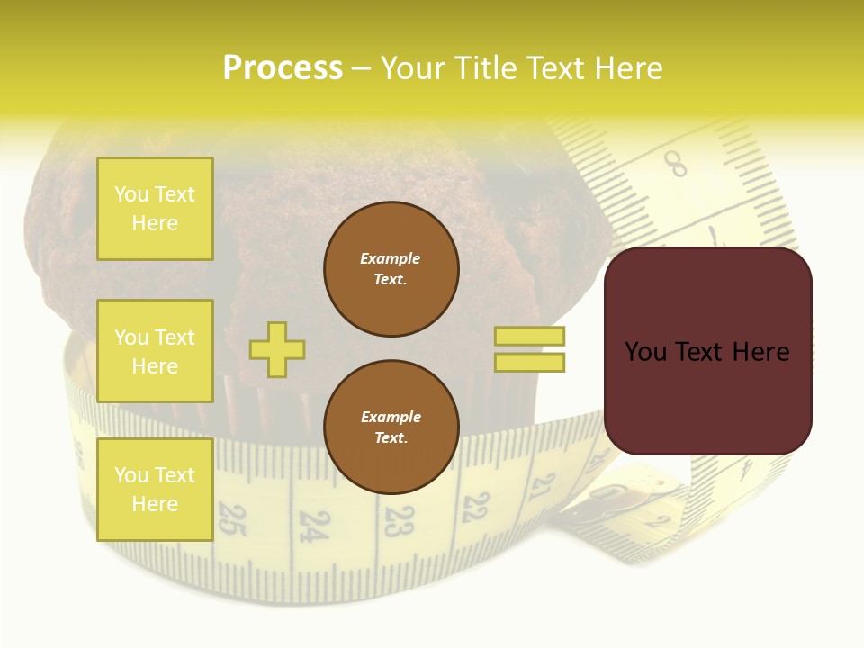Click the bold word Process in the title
click(x=283, y=67)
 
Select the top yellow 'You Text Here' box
click(x=155, y=209)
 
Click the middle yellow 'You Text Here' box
click(x=155, y=351)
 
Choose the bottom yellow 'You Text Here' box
click(x=155, y=490)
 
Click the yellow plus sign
click(x=277, y=349)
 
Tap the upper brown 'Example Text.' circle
click(x=391, y=269)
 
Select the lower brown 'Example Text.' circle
click(x=391, y=427)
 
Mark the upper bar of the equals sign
click(x=530, y=337)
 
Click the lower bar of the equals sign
click(x=530, y=362)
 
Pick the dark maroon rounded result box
click(x=708, y=351)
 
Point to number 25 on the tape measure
click(x=232, y=520)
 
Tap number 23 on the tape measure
click(x=399, y=519)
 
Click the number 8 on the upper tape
click(x=676, y=164)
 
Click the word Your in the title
click(x=417, y=67)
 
